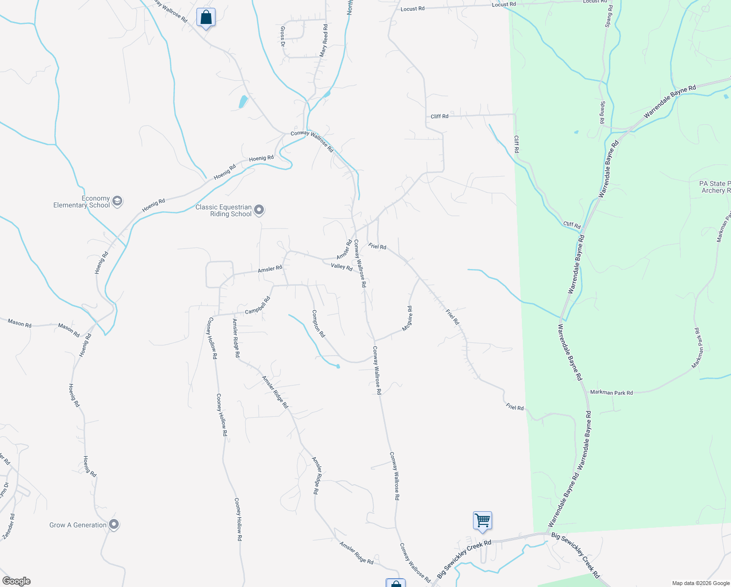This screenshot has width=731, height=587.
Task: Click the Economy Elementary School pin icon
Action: coord(117,201)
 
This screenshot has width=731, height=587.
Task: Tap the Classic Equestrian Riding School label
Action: coord(223,211)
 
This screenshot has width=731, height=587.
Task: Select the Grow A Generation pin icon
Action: coord(114,524)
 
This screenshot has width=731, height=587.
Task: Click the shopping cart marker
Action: coord(482,520)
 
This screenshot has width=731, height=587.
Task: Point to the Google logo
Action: coord(17,581)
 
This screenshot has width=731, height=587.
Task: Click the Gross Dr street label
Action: coord(282,36)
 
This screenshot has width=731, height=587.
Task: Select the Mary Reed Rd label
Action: coord(323,41)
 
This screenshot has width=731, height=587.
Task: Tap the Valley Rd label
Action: coord(342,267)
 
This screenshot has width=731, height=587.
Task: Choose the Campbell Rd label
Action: coord(258,306)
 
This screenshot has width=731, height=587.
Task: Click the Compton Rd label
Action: coord(318,323)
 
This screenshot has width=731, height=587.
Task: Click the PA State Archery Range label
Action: coord(715,187)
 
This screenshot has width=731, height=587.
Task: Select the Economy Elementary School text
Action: coord(82,202)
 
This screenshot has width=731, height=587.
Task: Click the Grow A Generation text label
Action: coord(78,525)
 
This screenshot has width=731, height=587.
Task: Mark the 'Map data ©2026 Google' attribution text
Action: coord(701,583)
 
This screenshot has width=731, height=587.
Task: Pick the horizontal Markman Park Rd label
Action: coord(611,392)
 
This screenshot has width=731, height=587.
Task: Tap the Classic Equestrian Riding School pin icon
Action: coord(259,210)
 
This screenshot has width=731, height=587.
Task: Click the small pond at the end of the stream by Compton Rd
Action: coord(338,366)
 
